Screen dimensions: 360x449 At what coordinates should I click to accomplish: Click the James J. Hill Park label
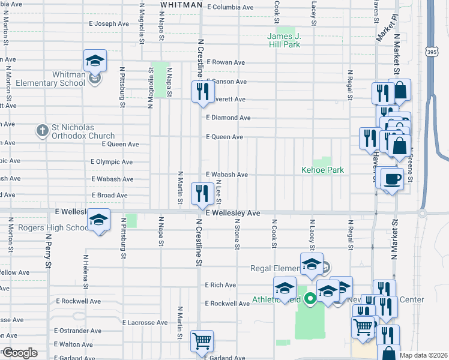point(283,40)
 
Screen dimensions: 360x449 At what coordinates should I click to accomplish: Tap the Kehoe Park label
point(322,170)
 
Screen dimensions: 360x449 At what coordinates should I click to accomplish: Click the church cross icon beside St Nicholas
point(42,130)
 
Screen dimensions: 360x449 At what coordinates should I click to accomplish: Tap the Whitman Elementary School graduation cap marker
point(95,61)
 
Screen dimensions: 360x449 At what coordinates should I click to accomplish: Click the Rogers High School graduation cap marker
point(99,220)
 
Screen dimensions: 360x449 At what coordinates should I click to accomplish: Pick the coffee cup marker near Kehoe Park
point(392,179)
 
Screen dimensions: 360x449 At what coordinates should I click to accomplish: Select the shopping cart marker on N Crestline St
point(202,341)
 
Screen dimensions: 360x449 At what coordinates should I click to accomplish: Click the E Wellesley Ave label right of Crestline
point(233,213)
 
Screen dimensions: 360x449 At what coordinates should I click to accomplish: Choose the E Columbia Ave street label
point(230,7)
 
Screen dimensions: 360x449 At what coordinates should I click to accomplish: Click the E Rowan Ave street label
point(226,62)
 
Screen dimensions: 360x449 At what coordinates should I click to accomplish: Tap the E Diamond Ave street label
point(228,118)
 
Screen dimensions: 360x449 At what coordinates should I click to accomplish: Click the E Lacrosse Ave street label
point(145,322)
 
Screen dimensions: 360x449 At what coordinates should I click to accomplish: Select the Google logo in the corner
point(20,353)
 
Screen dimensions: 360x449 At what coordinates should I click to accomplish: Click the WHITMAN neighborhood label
point(181,5)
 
